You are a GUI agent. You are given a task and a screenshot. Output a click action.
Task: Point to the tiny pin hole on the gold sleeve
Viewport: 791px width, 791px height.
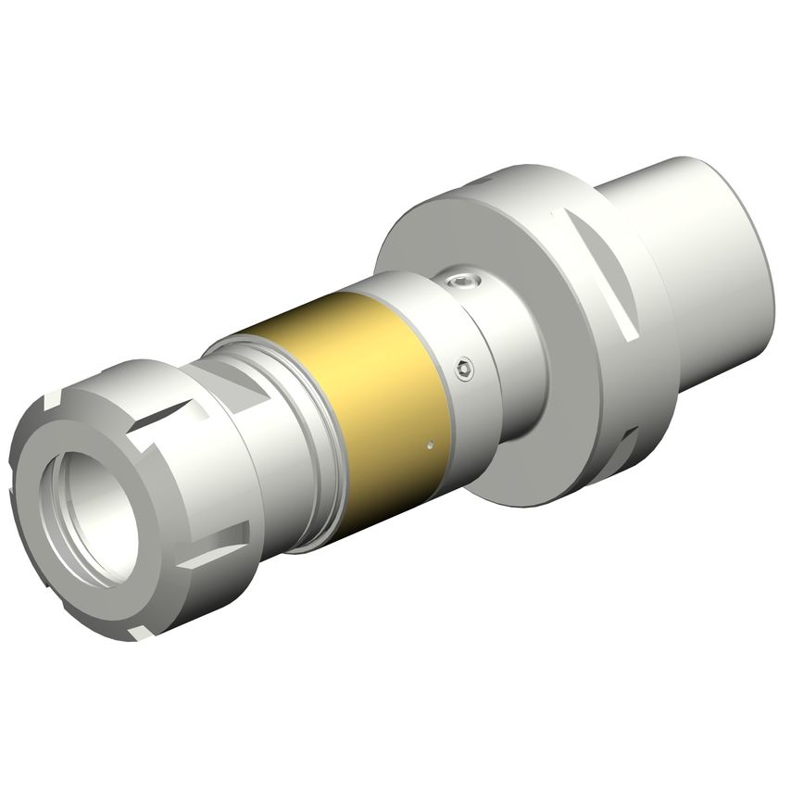[x=432, y=446]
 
